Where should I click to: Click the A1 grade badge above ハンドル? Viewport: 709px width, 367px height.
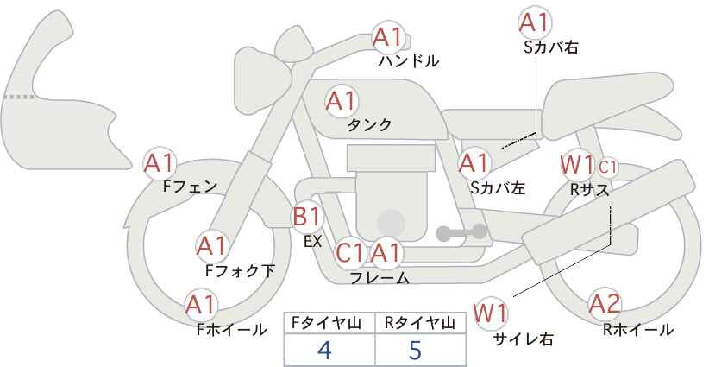coord(387,39)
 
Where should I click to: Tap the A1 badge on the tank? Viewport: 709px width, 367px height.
coord(342,102)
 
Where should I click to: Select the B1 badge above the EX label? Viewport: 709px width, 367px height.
coord(307,217)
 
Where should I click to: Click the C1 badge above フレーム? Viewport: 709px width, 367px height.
coord(350,253)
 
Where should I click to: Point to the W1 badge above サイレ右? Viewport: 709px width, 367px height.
coord(491,313)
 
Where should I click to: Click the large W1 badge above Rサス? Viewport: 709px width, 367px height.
coord(576,165)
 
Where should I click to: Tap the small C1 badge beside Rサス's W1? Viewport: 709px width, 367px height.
coord(607,168)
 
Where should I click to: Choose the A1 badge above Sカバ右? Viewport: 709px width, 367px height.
coord(535,22)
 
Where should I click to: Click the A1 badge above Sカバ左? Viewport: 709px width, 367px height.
coord(474,163)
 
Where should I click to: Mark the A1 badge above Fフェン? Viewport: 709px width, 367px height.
coord(160,163)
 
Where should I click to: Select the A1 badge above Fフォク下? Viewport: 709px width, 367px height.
coord(211,246)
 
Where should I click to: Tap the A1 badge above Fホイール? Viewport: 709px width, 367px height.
coord(202,305)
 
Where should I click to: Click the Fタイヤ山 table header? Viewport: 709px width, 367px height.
coord(326,323)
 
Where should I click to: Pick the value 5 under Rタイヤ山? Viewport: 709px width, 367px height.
coord(415,350)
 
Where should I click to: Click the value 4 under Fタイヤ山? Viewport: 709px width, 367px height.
coord(324,350)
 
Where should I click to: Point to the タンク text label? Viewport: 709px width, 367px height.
coord(369,125)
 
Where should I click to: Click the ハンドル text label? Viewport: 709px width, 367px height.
coord(409,61)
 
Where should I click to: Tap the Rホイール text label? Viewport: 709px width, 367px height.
coord(638,330)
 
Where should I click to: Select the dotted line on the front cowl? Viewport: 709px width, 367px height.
coord(19,97)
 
